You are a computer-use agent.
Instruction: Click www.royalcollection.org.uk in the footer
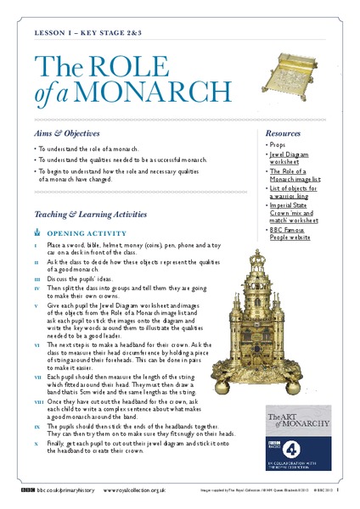tap(135, 490)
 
